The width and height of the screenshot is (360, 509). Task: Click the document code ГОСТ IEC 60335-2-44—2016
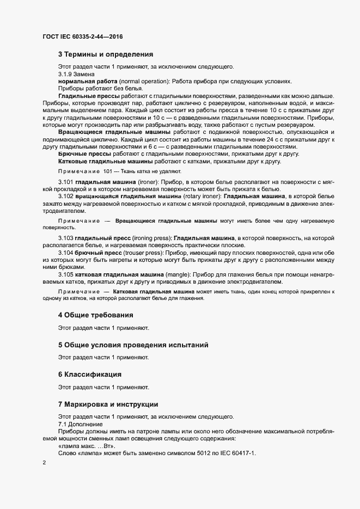(x=82, y=36)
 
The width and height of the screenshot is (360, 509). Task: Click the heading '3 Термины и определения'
(x=106, y=54)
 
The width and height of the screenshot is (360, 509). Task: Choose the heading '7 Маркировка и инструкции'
(x=108, y=404)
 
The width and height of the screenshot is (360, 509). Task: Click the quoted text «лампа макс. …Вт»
(x=87, y=445)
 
